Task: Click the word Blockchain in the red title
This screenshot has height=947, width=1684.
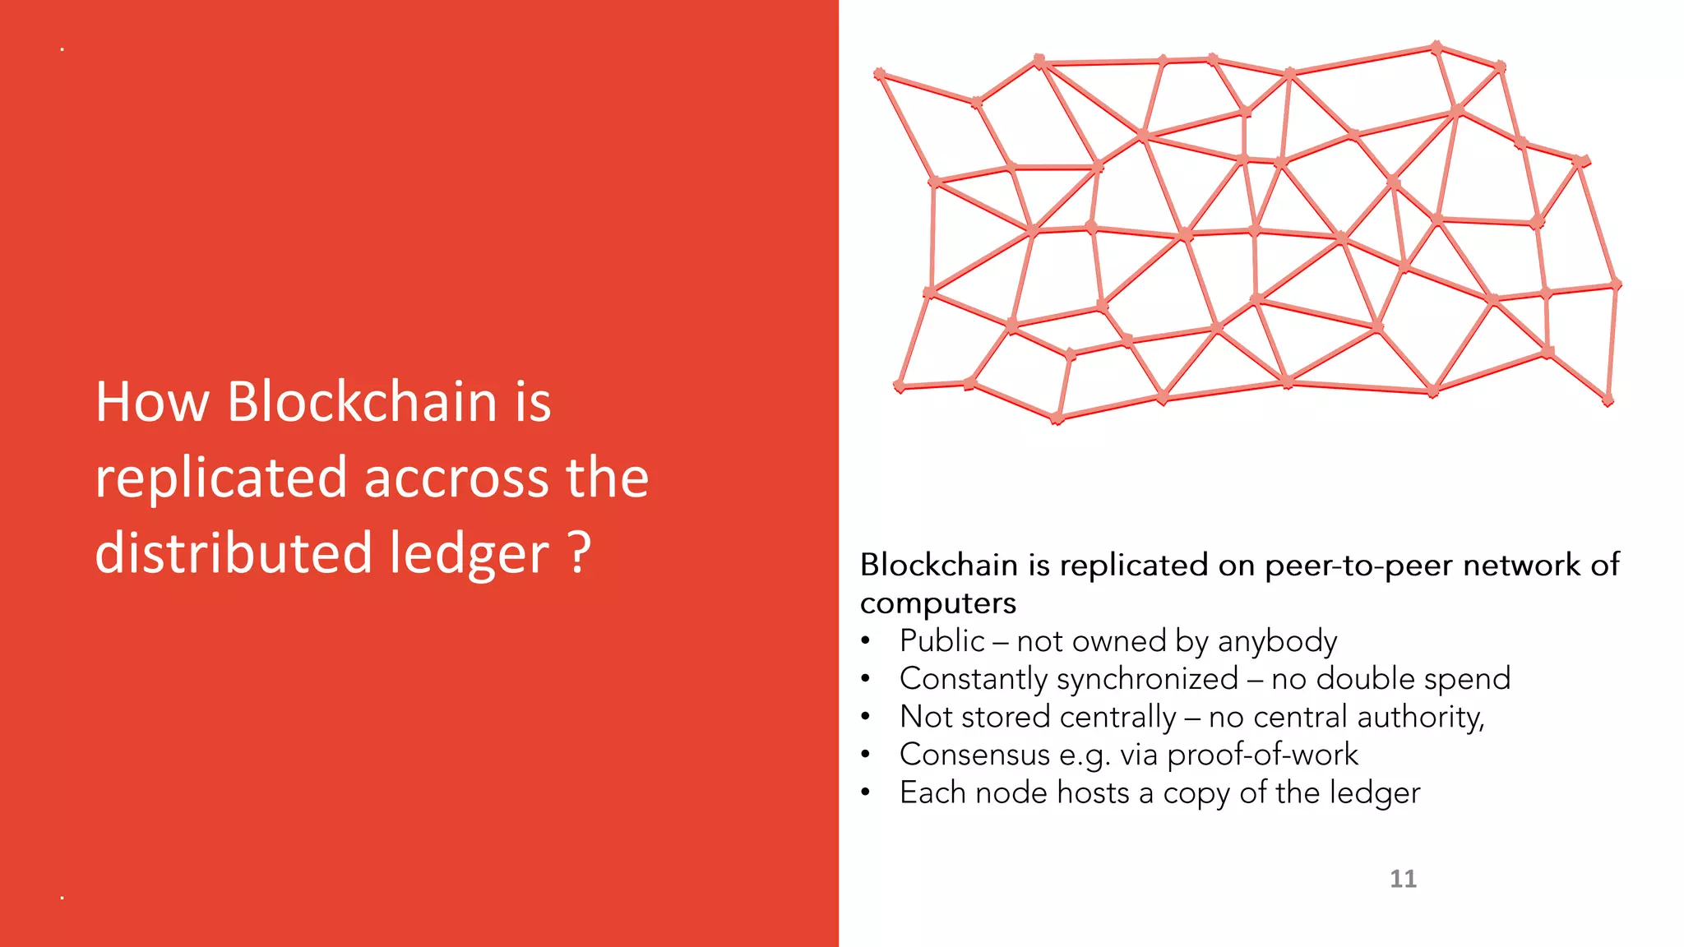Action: [361, 402]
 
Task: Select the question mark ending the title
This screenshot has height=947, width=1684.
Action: [580, 552]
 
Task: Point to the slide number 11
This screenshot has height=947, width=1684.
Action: [1403, 879]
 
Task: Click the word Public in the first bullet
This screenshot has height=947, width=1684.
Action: [942, 641]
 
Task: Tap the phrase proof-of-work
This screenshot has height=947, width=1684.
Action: [1262, 755]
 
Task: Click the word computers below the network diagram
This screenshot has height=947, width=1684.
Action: [938, 604]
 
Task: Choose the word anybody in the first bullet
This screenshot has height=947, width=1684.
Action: [1277, 642]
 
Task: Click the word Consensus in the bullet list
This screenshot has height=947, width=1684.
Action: [974, 755]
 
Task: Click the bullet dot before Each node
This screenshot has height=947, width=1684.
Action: [865, 793]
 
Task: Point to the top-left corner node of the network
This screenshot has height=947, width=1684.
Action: [880, 74]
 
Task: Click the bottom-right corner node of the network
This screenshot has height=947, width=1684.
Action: [1608, 400]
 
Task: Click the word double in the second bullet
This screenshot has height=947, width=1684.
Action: [1364, 679]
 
